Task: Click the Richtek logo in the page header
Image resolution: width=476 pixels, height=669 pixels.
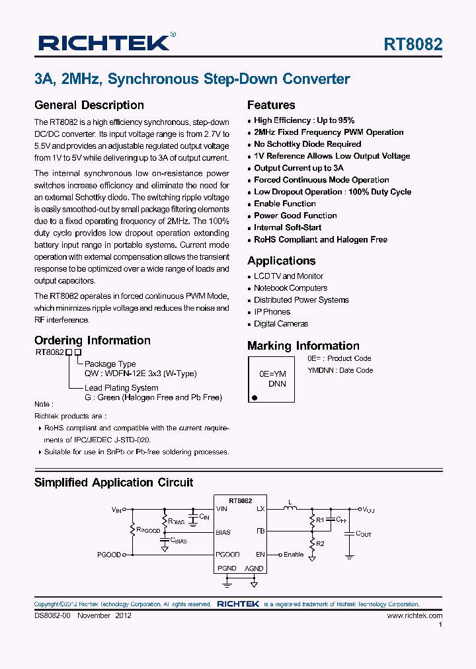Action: coord(106,43)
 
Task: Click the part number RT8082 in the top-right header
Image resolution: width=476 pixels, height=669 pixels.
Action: coord(413,44)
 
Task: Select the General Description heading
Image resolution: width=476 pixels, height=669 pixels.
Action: coord(89,105)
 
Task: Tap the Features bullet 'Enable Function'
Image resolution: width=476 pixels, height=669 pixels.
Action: coord(285,204)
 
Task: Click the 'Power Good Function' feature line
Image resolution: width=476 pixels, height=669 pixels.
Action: coord(296,216)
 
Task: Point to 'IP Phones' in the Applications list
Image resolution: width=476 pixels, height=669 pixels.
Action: coord(272,312)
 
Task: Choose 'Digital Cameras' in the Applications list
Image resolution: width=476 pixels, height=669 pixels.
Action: coord(281,324)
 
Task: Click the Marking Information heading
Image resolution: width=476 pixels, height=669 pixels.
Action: coord(303,346)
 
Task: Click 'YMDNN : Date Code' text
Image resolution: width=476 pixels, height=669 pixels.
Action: coord(340,370)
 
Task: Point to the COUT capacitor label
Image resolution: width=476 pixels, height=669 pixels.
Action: coord(364,534)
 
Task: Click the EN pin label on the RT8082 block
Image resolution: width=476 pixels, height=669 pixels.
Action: coord(260,555)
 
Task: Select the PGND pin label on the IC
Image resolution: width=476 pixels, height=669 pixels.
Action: coord(227,569)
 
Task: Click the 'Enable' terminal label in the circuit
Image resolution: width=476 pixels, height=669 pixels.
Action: coord(294,555)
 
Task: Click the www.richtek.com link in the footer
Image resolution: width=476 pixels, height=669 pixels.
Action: coord(415,615)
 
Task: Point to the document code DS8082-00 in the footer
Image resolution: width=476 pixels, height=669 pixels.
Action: coord(52,615)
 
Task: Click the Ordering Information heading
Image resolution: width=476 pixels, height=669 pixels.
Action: coord(93,340)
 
